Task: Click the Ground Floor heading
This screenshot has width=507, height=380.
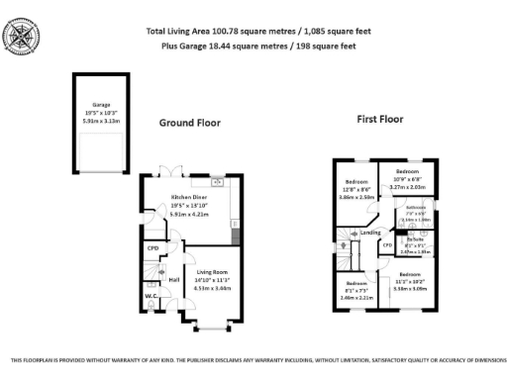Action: point(190,124)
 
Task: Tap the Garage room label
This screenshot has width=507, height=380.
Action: point(101,104)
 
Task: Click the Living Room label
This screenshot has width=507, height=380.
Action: point(212,270)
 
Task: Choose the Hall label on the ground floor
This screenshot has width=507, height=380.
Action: point(174,280)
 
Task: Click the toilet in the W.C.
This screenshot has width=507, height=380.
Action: point(152,306)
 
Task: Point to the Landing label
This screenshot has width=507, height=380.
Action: point(371,233)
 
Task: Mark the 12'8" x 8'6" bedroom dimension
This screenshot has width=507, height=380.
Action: point(357,190)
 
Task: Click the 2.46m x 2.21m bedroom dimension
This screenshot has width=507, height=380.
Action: point(355,296)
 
